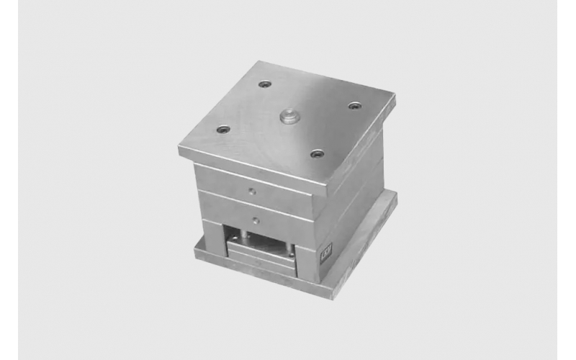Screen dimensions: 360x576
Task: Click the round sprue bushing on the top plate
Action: click(x=289, y=115)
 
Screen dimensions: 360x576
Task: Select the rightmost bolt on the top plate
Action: click(x=354, y=106)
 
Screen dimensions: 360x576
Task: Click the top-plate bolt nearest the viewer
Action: click(x=316, y=153)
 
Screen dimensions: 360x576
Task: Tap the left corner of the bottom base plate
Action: click(x=193, y=252)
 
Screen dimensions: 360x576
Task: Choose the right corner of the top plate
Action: click(x=395, y=96)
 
